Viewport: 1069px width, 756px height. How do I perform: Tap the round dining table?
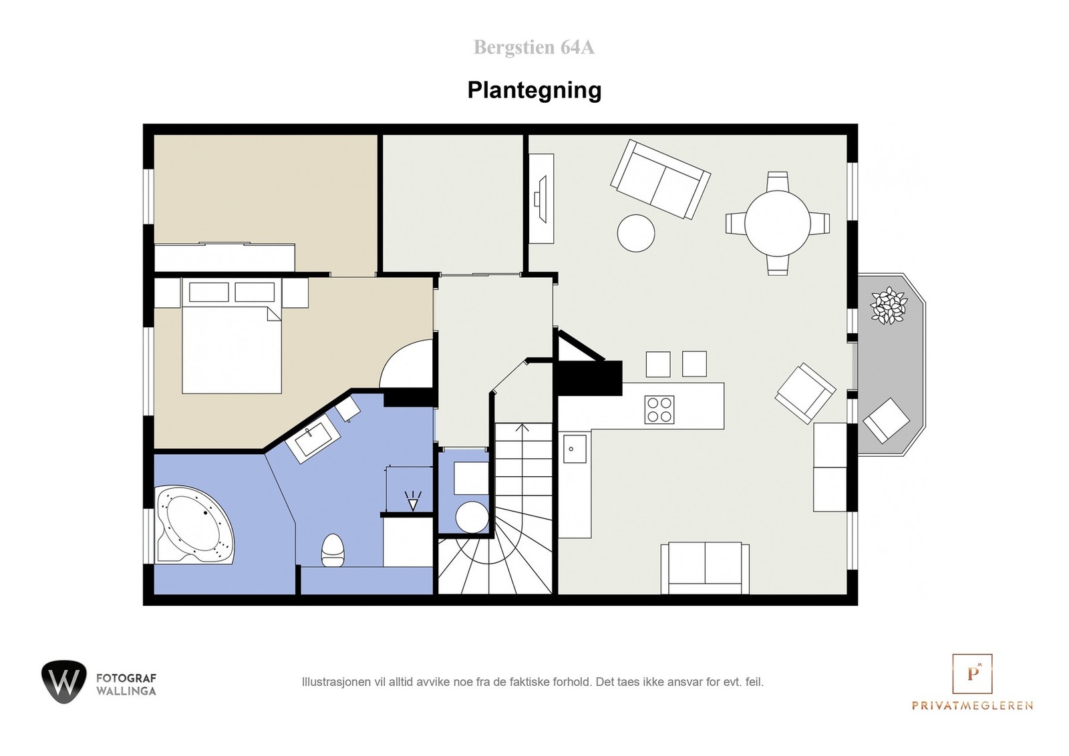click(778, 223)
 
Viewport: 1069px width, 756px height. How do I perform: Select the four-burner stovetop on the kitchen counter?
click(659, 409)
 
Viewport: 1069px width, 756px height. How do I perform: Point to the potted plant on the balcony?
click(889, 306)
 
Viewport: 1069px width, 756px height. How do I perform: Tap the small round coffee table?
click(636, 232)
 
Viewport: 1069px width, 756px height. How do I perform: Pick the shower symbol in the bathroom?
click(413, 501)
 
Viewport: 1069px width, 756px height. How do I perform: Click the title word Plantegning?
click(534, 90)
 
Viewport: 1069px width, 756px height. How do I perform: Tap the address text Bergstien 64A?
click(534, 47)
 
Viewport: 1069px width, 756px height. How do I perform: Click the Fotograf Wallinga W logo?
click(63, 682)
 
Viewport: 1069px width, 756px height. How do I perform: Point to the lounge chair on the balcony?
click(887, 420)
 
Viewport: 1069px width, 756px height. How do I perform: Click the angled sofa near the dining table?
click(660, 178)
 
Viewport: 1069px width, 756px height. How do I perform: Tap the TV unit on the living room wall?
click(541, 199)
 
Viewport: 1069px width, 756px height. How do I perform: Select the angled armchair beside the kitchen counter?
click(805, 393)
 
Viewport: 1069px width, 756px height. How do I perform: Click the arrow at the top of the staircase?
click(523, 428)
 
